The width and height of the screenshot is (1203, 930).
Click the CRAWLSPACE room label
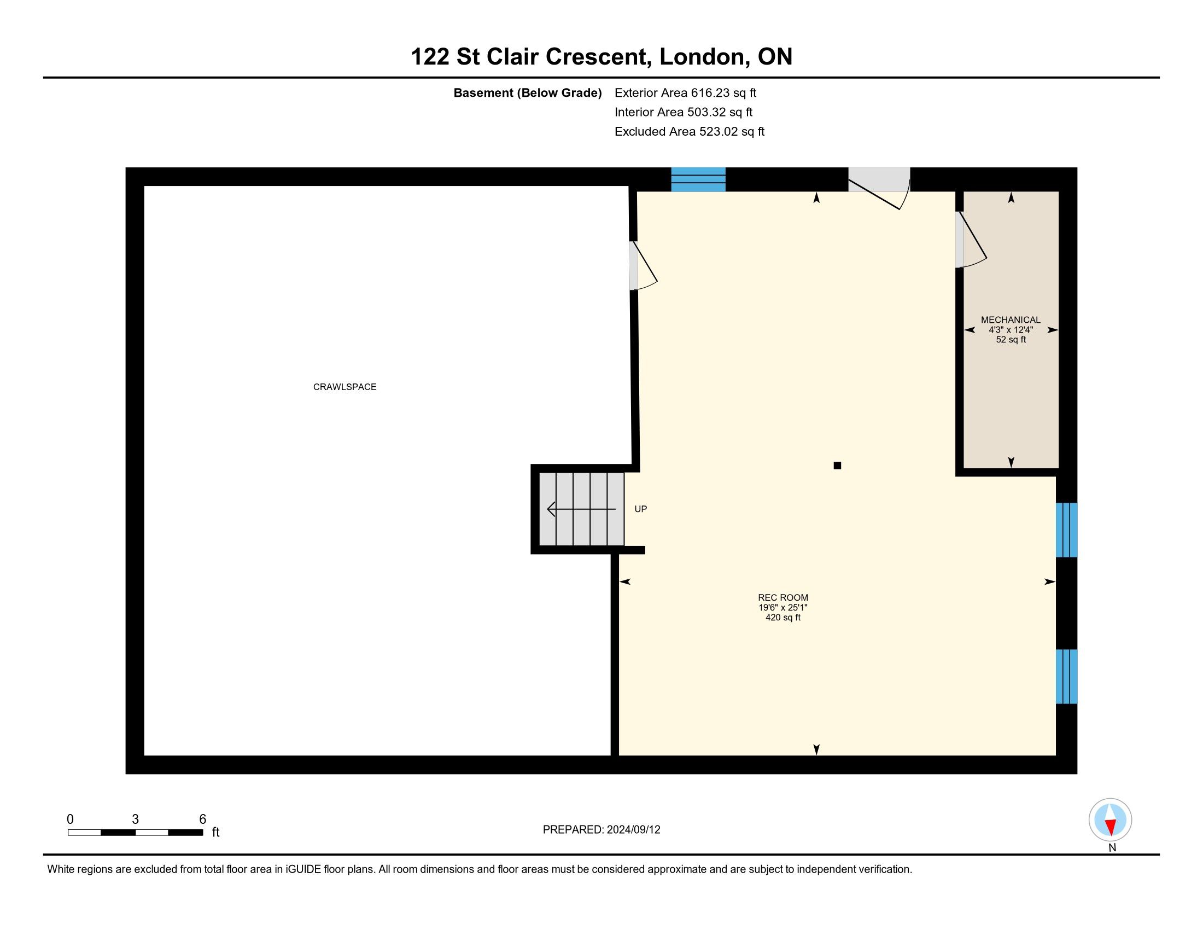(x=345, y=387)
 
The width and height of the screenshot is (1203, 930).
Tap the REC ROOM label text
(x=782, y=597)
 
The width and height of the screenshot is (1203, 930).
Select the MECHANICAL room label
(x=1010, y=319)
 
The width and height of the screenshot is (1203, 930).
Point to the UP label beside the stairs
(x=641, y=509)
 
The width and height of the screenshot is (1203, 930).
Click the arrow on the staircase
(x=581, y=510)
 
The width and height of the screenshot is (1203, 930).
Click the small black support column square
(x=837, y=466)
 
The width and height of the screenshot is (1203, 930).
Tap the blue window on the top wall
(x=698, y=179)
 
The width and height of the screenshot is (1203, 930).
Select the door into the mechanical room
(x=972, y=240)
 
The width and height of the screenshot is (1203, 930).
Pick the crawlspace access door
(x=644, y=265)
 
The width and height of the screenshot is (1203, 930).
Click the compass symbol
(x=1110, y=820)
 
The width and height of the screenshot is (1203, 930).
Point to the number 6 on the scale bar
(x=202, y=819)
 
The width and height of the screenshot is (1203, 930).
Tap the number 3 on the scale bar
(x=135, y=819)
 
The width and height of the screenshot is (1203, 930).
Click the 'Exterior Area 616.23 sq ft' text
(x=685, y=93)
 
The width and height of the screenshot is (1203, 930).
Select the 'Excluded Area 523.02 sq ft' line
(x=690, y=132)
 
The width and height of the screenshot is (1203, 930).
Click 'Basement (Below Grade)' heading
(x=527, y=93)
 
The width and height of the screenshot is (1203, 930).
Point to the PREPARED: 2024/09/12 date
(x=601, y=830)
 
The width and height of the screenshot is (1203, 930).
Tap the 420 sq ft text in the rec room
(x=782, y=618)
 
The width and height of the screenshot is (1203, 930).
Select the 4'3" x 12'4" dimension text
(x=1010, y=330)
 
